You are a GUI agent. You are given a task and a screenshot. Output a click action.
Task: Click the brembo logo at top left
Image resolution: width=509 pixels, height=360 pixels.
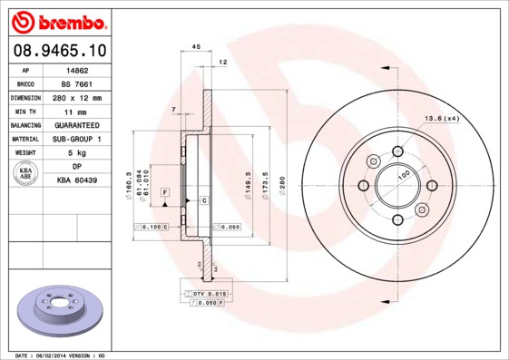point(57,21)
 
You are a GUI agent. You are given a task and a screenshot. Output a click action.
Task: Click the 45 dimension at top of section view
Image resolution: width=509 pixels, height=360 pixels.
point(196,46)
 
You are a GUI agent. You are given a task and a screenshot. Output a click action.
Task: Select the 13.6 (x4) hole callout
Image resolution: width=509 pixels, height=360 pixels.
point(442,119)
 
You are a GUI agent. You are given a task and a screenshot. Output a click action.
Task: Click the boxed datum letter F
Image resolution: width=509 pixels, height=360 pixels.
point(165,193)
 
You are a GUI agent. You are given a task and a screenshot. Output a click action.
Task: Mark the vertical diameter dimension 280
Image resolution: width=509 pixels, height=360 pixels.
point(281,181)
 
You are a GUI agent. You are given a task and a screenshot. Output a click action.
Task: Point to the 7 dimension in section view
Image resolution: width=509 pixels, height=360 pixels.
point(173,110)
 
